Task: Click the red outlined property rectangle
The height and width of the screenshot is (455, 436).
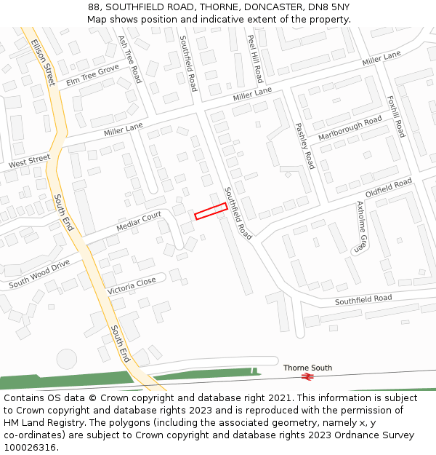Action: point(211,211)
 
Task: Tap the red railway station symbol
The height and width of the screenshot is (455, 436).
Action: point(307,376)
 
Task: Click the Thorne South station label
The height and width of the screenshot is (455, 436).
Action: point(307,368)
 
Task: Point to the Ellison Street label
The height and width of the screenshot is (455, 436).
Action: point(43,62)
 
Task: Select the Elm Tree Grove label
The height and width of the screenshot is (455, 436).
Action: point(92,74)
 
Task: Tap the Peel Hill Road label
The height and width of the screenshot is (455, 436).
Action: point(255,58)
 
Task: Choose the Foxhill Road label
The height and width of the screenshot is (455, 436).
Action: point(396,116)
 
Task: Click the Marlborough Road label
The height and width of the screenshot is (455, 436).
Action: point(350,128)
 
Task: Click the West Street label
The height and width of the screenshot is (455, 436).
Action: point(29,162)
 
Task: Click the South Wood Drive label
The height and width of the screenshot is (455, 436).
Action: point(39,273)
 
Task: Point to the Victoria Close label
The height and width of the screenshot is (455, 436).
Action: point(132,285)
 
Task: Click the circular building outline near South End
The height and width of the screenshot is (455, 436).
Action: point(66,359)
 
